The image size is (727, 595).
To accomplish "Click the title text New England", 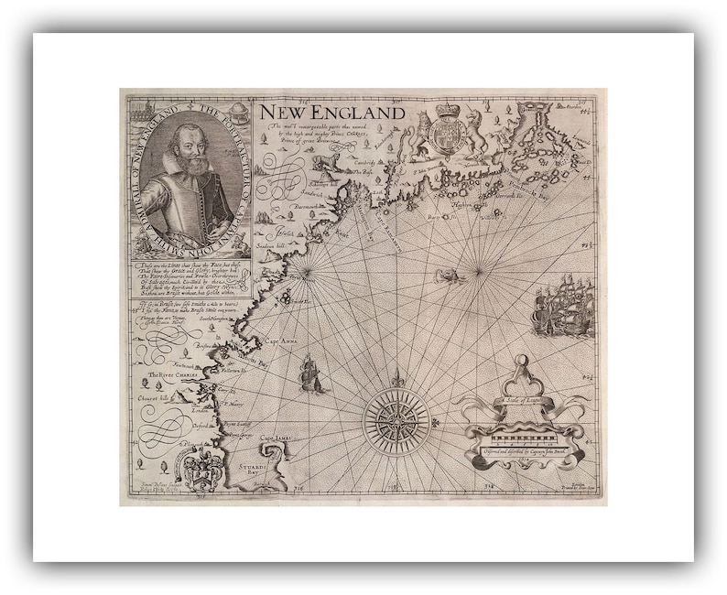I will click(331, 113).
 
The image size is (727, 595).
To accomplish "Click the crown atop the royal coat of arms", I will click(447, 111).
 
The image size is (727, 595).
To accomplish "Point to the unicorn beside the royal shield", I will click(477, 134).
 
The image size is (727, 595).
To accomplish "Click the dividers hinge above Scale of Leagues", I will click(522, 362).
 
